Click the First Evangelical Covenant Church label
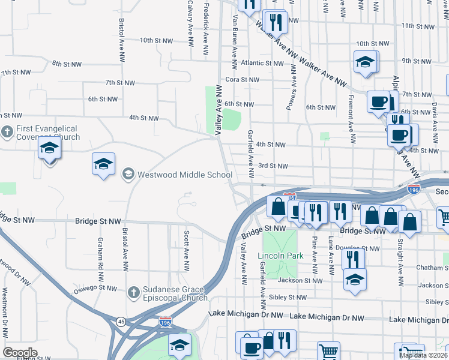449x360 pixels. (47, 133)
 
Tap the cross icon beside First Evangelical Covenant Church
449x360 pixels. (7, 131)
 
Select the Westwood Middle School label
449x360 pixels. (185, 175)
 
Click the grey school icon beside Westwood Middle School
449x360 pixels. (128, 175)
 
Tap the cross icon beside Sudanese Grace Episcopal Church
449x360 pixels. (134, 292)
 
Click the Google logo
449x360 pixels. (20, 353)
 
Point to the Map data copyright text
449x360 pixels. (424, 355)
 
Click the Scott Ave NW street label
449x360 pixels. (187, 250)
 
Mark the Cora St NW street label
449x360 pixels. (242, 80)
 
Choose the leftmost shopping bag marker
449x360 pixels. (278, 207)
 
